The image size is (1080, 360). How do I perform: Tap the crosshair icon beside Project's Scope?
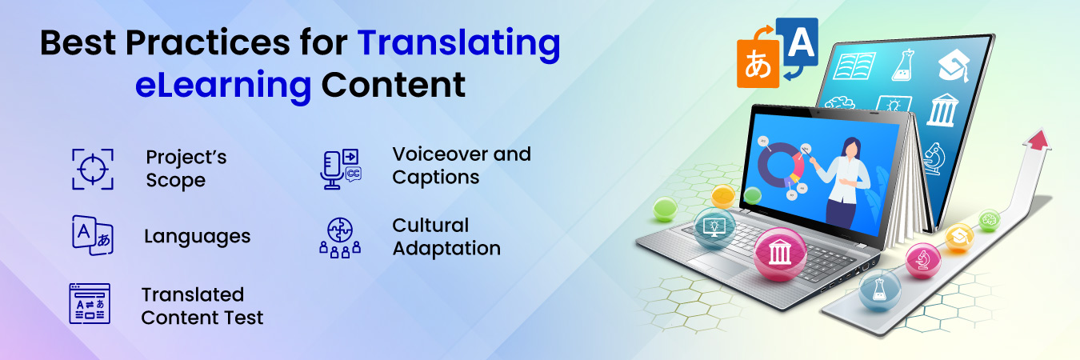pyautogui.click(x=92, y=169)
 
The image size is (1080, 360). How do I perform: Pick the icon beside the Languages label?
pyautogui.click(x=92, y=236)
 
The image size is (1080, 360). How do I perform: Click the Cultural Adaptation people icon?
pyautogui.click(x=339, y=237)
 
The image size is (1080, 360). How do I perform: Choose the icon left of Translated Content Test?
pyautogui.click(x=90, y=304)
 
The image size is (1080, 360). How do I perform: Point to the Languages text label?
pyautogui.click(x=197, y=237)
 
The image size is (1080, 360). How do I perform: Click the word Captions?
pyautogui.click(x=435, y=178)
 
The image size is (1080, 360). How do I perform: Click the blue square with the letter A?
pyautogui.click(x=797, y=40)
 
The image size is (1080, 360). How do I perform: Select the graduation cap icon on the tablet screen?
pyautogui.click(x=954, y=66)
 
